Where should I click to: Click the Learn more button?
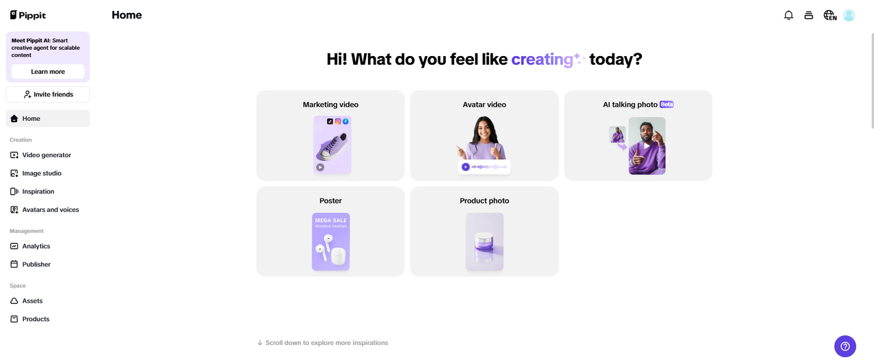48,72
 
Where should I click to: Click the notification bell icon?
789,15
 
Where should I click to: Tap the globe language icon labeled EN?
830,15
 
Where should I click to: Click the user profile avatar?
849,15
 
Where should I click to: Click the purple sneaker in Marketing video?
332,147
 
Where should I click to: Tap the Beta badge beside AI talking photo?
666,105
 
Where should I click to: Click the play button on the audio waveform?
466,167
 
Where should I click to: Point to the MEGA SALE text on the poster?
331,220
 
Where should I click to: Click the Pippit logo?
28,15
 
